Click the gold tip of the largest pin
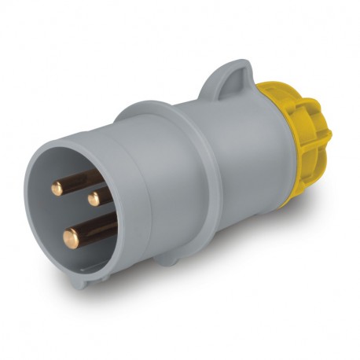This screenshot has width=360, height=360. click(x=70, y=233)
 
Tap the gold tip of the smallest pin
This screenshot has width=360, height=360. click(x=94, y=200)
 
